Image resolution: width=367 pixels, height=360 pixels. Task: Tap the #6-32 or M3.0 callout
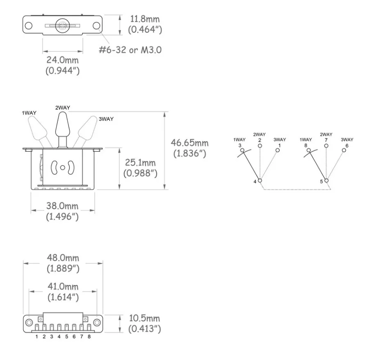pyautogui.click(x=130, y=50)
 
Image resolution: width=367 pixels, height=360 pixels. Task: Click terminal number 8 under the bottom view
pyautogui.click(x=89, y=337)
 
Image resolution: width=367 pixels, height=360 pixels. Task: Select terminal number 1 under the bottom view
pyautogui.click(x=37, y=337)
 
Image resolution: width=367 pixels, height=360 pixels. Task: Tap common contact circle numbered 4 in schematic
pyautogui.click(x=260, y=181)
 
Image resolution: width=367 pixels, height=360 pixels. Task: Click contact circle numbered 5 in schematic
pyautogui.click(x=326, y=181)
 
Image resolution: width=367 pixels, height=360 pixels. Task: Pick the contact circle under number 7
pyautogui.click(x=326, y=146)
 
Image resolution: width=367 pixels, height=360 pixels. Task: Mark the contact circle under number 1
pyautogui.click(x=278, y=150)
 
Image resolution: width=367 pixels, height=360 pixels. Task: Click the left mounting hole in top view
pyautogui.click(x=29, y=25)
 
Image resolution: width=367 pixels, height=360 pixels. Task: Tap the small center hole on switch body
pyautogui.click(x=62, y=168)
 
